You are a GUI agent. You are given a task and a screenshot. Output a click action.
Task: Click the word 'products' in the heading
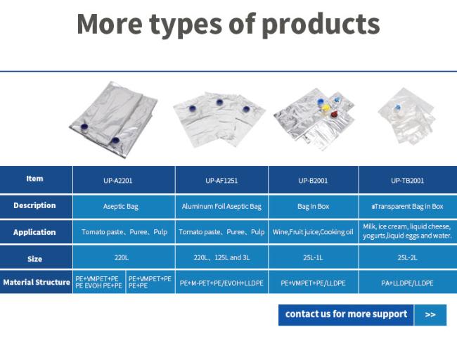coord(321,25)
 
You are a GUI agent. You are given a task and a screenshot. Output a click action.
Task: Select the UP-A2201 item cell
coord(124,180)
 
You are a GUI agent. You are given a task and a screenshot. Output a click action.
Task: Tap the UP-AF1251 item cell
coord(221,180)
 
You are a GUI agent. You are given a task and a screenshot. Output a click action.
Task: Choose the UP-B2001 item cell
coord(314,180)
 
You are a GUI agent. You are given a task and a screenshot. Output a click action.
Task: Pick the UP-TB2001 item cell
coord(408,180)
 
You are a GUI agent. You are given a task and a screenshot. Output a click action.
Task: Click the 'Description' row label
coord(34,205)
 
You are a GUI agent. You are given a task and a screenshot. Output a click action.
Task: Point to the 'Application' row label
coord(34,232)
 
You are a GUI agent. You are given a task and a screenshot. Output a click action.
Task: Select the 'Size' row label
coord(34,259)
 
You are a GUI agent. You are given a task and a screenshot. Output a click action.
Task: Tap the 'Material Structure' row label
coord(36,282)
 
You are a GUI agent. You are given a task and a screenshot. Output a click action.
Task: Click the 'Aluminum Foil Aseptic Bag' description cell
coord(221,207)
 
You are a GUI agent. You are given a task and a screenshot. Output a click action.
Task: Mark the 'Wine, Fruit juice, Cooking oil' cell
coord(314,232)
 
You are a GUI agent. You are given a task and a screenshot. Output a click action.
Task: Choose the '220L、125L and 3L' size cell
coord(221,257)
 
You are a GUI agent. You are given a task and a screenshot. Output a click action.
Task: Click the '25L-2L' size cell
coord(408,257)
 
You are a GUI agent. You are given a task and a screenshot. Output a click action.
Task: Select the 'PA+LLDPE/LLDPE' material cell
coord(408,283)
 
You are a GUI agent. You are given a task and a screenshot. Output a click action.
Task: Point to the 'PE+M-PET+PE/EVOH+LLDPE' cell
coord(221,283)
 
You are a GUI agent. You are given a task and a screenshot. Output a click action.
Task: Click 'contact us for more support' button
coord(346,315)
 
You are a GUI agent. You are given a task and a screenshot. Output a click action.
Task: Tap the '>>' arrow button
coord(430,315)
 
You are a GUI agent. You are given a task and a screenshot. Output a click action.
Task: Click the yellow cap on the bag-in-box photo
coord(326,108)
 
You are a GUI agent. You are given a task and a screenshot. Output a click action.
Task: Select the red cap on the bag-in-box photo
coord(334,115)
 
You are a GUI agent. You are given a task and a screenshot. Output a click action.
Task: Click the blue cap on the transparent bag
coord(397,108)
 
